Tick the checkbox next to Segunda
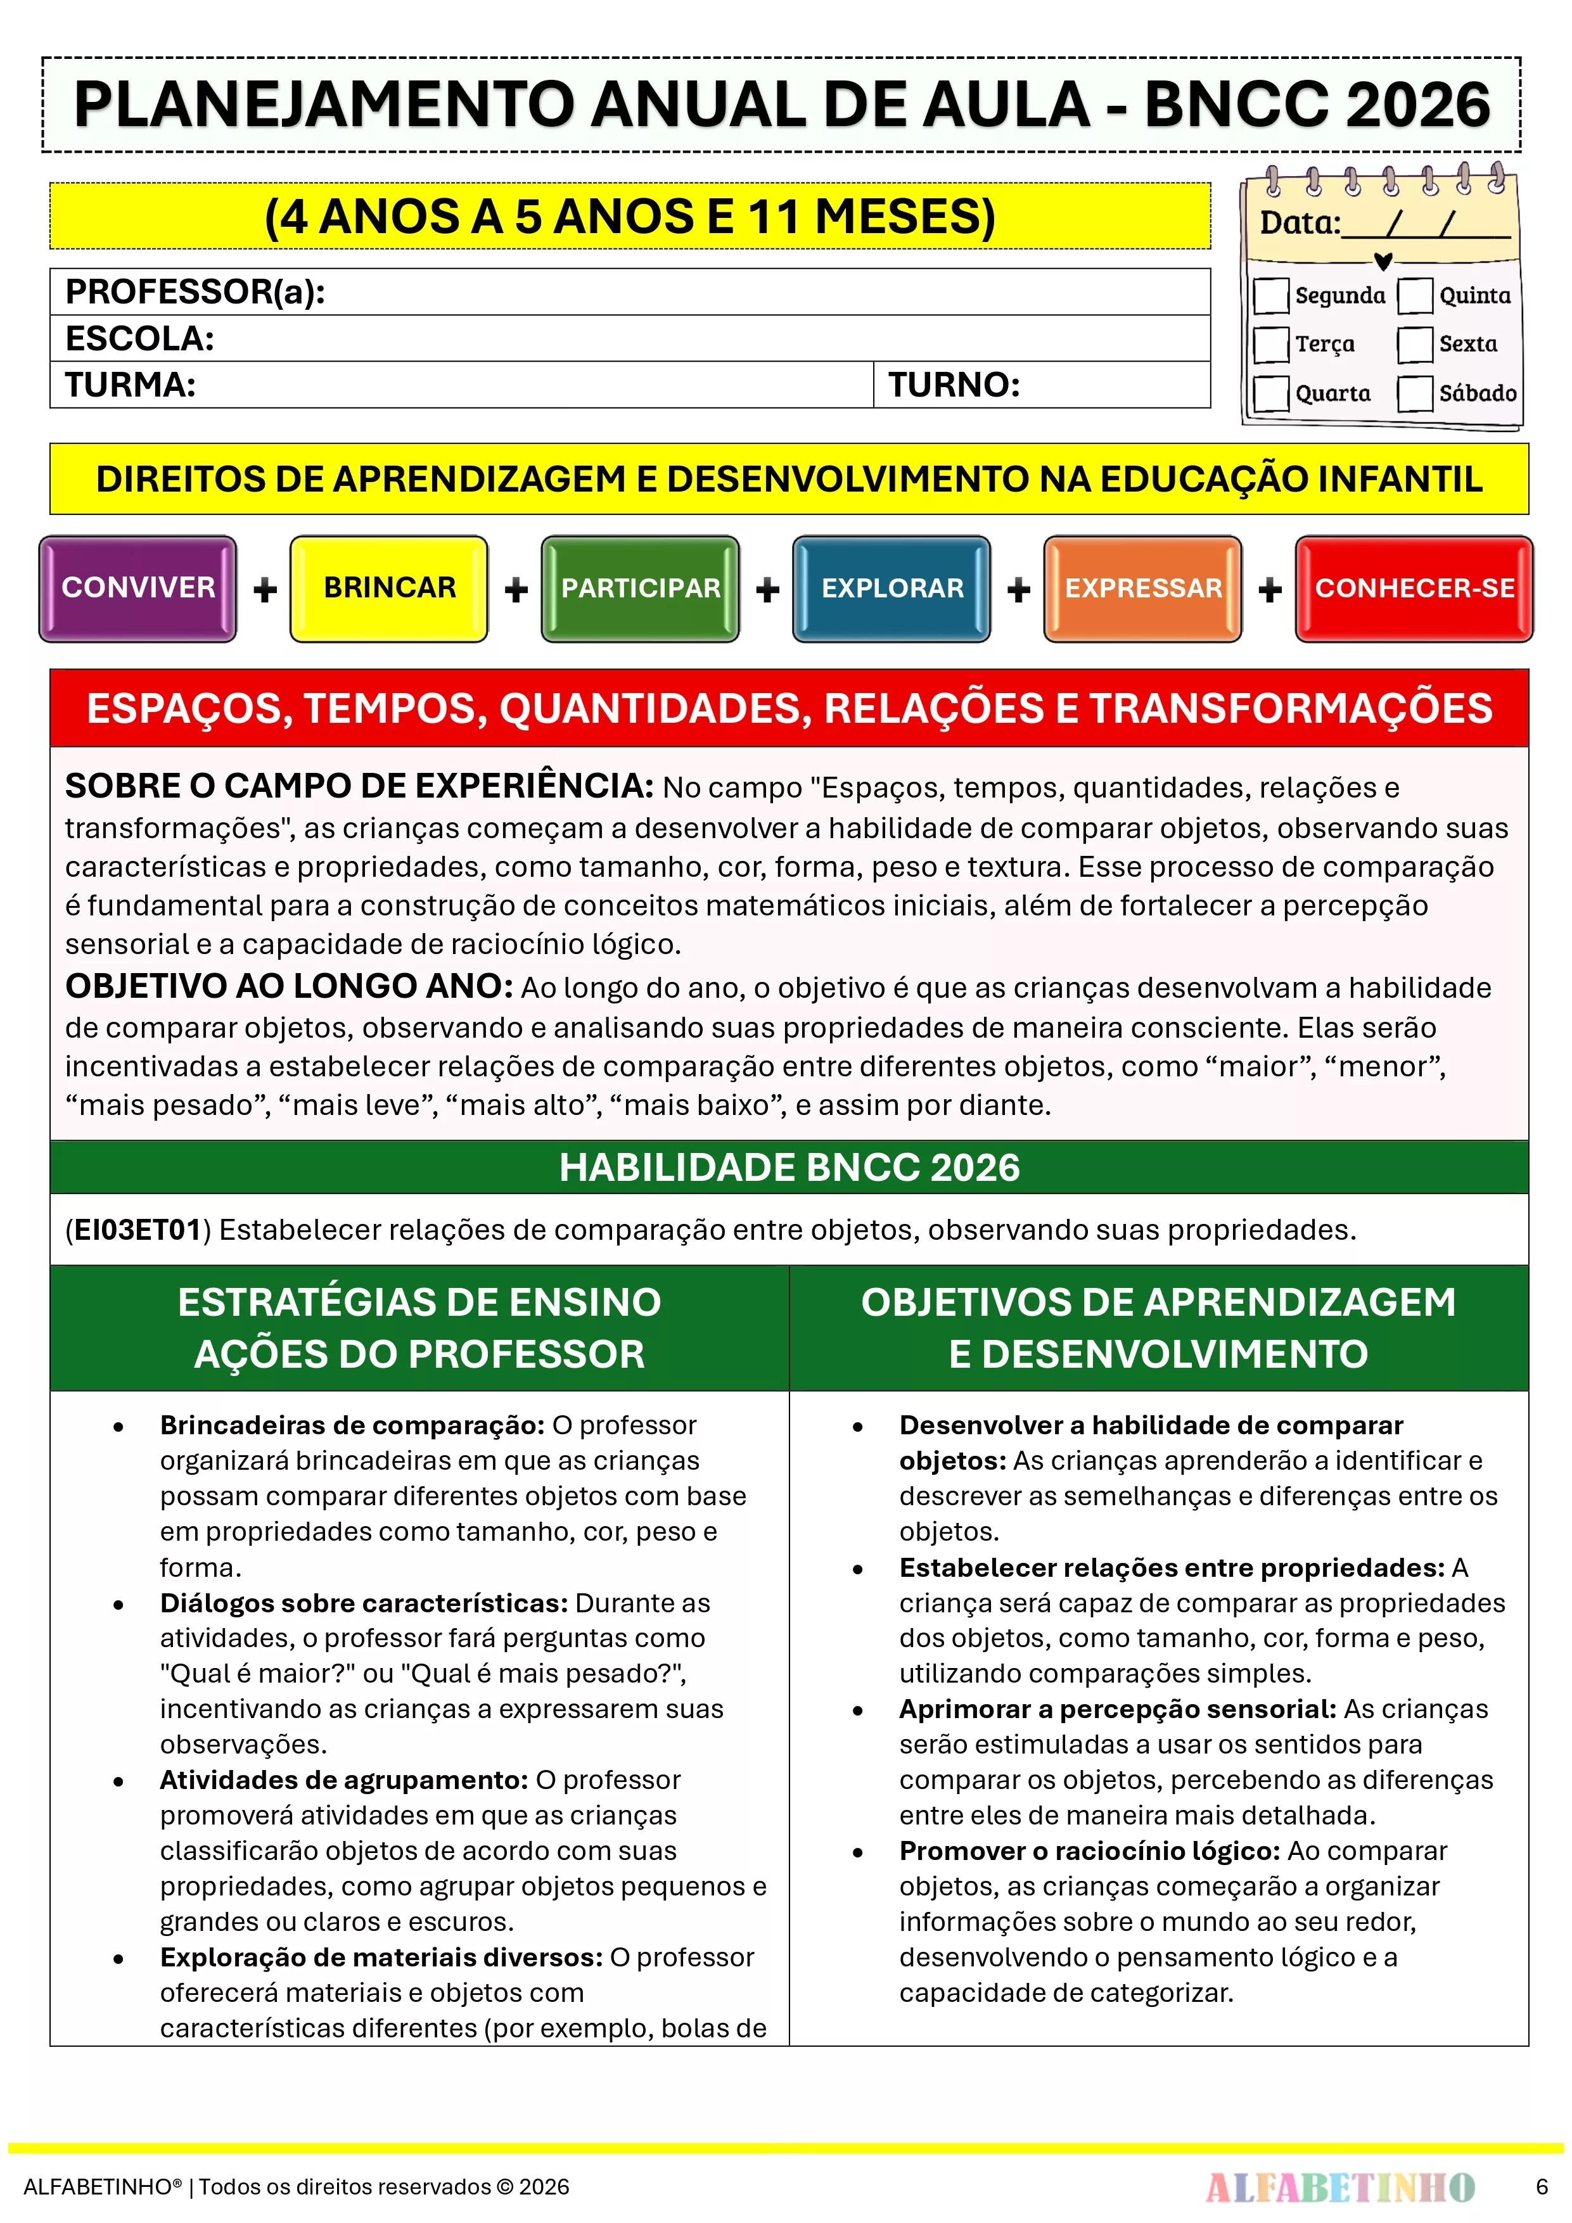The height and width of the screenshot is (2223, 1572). coord(1271,296)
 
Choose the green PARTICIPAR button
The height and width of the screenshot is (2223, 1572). coord(640,588)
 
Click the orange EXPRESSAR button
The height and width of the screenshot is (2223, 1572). coord(1143,588)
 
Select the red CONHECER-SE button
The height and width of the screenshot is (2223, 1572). coord(1414,588)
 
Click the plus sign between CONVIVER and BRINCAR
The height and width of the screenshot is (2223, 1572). coord(264,590)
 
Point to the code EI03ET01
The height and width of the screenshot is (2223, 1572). coord(137,1230)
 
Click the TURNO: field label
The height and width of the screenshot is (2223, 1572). coord(954,385)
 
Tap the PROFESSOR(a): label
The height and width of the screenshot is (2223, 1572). coord(195,291)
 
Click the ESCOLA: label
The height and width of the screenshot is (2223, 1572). coord(139,339)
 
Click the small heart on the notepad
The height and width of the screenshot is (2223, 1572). coord(1383,262)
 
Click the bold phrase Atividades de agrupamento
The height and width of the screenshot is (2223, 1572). coord(343,1780)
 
